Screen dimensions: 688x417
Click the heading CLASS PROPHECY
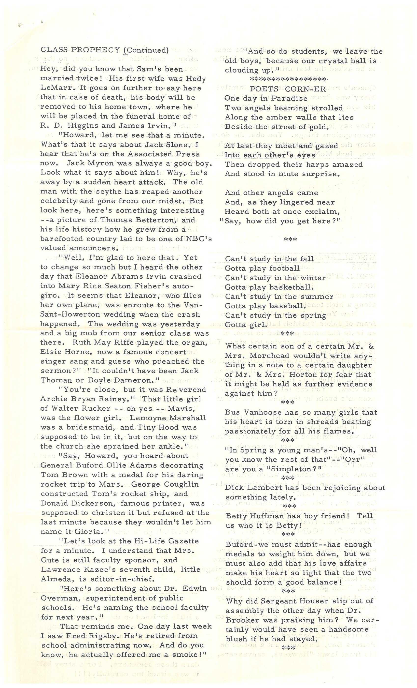point(80,50)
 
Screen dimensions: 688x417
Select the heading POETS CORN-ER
point(288,89)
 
